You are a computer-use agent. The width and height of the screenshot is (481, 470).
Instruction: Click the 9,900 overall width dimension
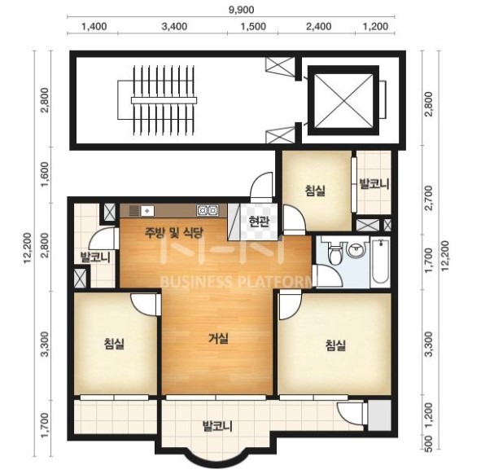242,10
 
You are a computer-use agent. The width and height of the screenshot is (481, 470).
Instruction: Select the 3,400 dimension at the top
174,26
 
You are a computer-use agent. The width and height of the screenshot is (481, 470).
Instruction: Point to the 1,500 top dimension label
253,26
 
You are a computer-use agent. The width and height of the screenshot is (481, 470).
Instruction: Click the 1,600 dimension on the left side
45,174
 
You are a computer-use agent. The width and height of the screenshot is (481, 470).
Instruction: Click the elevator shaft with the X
343,100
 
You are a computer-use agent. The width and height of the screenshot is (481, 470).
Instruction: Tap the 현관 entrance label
259,222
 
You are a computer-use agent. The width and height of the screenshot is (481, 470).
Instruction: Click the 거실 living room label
218,339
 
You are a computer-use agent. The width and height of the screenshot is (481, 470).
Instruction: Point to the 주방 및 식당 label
173,232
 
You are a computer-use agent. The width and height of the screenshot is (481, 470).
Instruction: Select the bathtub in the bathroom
380,261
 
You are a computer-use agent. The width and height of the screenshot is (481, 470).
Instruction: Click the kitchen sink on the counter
147,211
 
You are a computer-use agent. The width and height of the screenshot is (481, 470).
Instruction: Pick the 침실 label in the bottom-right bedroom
335,345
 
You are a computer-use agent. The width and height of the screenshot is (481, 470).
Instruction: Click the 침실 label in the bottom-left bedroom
114,343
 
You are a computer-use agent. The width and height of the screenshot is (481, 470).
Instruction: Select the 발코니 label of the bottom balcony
217,426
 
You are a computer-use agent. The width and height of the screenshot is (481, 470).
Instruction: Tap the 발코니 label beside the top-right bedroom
374,184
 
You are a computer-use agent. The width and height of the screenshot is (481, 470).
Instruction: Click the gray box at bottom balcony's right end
379,415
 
